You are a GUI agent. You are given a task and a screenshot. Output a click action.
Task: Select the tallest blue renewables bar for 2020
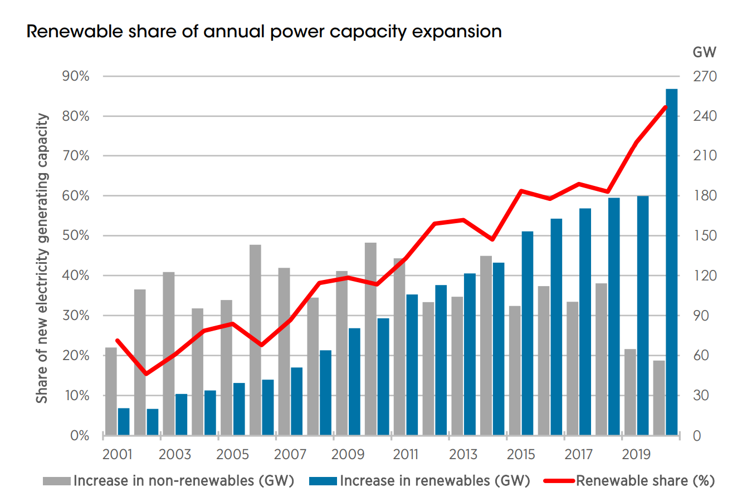coord(672,262)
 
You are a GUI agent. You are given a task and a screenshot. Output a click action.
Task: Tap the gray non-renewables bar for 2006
coord(255,339)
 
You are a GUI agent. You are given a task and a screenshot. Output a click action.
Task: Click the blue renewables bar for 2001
coord(124,421)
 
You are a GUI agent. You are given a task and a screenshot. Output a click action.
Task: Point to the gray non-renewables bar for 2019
coord(629,392)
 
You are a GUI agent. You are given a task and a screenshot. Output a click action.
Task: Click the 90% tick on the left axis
coord(76,76)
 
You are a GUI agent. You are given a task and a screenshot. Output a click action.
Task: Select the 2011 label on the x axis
coord(406,455)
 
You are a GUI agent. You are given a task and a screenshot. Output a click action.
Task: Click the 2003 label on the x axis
coord(175,455)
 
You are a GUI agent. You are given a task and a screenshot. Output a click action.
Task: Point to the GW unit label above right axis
coord(704,52)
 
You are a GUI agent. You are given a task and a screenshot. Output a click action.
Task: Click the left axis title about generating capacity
coord(42,259)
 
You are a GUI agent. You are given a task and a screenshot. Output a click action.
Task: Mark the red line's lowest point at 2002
coord(147,373)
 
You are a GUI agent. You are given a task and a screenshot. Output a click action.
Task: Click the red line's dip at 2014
coord(492,239)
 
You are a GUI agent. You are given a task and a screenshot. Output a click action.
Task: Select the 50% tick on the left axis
coord(76,236)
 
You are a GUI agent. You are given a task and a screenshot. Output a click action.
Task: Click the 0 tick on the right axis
coord(696,436)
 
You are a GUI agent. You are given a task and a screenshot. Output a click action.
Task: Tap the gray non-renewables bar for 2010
coord(370,339)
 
